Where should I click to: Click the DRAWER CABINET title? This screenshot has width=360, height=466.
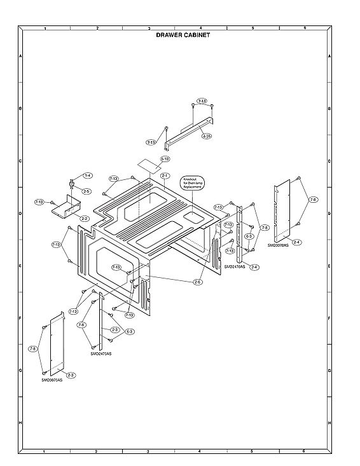(183, 36)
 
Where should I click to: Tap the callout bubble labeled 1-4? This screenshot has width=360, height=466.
(87, 175)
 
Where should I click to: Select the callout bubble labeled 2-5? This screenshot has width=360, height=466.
(86, 191)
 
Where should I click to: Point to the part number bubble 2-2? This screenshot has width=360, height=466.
(84, 218)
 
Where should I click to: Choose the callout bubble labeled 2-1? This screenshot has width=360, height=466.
(165, 175)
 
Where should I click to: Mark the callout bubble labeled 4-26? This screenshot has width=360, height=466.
(207, 136)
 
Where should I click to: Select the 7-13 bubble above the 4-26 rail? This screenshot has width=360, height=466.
(202, 101)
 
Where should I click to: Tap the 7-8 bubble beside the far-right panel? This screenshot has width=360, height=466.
(312, 200)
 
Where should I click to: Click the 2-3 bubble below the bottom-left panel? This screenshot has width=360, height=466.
(71, 374)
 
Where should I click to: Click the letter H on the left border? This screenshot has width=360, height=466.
(20, 422)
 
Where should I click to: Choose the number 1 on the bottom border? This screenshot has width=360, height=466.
(44, 451)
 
